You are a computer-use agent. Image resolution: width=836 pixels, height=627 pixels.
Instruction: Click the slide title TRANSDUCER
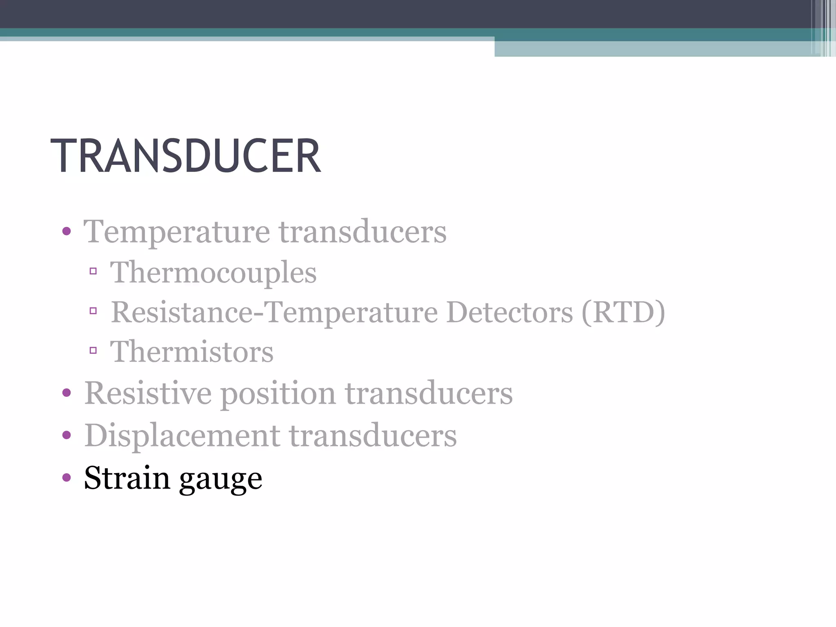point(186,156)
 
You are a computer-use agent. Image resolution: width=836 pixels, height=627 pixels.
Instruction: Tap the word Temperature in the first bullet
point(176,232)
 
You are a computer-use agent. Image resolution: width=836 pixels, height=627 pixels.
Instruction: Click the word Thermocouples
point(213,273)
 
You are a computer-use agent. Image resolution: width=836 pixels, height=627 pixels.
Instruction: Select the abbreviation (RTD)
point(623,313)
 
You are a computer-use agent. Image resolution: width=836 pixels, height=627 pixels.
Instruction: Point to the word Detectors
point(509,313)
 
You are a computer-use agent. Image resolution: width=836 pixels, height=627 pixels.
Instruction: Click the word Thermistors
point(192,352)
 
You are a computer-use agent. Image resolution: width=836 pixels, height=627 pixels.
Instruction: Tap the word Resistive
point(148,393)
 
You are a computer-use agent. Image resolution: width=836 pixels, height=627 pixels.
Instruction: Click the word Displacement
point(182,436)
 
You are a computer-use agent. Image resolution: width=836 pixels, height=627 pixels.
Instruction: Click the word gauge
point(220,480)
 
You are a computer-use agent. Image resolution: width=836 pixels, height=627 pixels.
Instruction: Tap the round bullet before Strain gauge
point(67,477)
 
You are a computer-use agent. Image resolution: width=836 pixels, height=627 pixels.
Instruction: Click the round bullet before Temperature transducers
point(67,232)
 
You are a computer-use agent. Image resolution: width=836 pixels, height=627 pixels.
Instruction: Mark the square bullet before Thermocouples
point(93,271)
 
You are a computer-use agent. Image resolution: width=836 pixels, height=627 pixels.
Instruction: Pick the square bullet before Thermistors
point(93,350)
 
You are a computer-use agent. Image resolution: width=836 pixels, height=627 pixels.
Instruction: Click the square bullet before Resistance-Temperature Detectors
point(93,311)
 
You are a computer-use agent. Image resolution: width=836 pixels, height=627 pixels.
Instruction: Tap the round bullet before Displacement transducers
point(67,435)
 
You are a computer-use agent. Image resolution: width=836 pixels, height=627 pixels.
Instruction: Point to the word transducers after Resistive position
point(429,393)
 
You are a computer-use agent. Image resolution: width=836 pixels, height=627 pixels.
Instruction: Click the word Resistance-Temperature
point(274,313)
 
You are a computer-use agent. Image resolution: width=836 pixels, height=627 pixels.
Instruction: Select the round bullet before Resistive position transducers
point(67,393)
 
